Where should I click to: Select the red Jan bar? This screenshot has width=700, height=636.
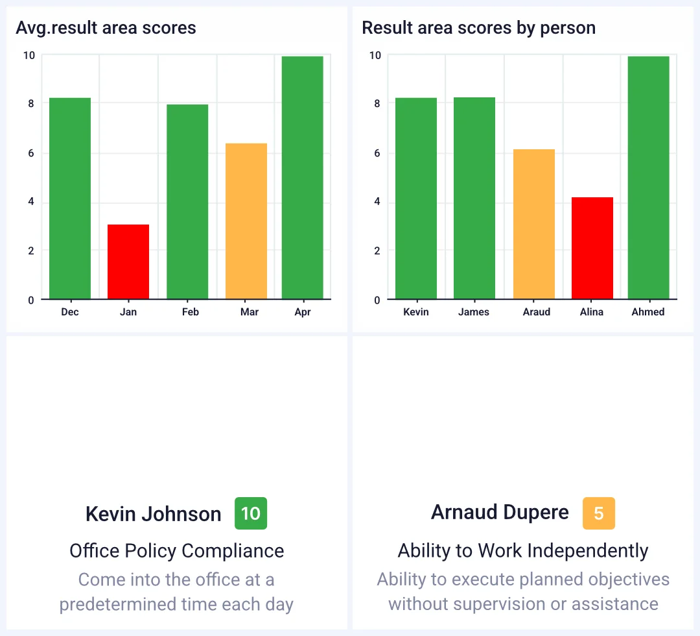[x=128, y=262]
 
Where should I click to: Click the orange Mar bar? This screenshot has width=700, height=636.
[x=246, y=221]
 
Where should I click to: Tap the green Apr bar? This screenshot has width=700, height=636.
[x=302, y=178]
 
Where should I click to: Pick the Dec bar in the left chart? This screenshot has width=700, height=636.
[x=70, y=199]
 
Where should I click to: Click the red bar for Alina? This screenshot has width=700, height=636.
[x=592, y=248]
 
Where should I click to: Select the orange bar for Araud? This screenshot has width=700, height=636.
[x=534, y=225]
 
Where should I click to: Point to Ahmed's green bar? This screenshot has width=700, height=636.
[x=648, y=178]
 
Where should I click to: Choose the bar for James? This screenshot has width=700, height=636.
[x=474, y=199]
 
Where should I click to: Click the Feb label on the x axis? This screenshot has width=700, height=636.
[x=191, y=312]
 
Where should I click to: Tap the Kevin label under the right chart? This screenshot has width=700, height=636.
[x=416, y=312]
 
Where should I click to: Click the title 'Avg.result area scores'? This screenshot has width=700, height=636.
[x=106, y=28]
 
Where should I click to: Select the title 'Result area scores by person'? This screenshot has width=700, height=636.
[x=478, y=28]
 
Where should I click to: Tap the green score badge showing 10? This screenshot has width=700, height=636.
[x=251, y=513]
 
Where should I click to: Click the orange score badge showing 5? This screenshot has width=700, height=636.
[x=599, y=513]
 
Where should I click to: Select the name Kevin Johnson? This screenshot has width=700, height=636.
[x=154, y=514]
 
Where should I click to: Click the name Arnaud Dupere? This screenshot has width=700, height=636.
[x=500, y=512]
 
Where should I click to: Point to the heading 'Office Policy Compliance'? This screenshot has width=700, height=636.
[x=177, y=551]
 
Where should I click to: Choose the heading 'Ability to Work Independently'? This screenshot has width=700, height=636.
[x=523, y=551]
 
